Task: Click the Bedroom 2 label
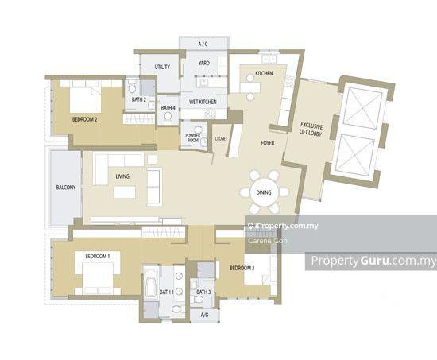point(85,120)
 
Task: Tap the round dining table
point(264,192)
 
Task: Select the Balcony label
point(66,188)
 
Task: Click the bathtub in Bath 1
point(150,285)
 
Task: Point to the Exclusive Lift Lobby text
point(311,130)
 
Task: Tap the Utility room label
point(162,67)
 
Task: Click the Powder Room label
point(193,137)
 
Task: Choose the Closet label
point(221,138)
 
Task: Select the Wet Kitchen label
point(203,102)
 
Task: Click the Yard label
point(204,63)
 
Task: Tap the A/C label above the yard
point(203,44)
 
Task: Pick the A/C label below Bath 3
point(204,315)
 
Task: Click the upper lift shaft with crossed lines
point(362,107)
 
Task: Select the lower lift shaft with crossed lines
point(355,155)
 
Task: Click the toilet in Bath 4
point(168,119)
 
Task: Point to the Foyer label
point(268,143)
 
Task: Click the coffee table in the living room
point(125,192)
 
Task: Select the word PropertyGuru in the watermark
point(350,261)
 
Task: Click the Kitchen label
point(264,73)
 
